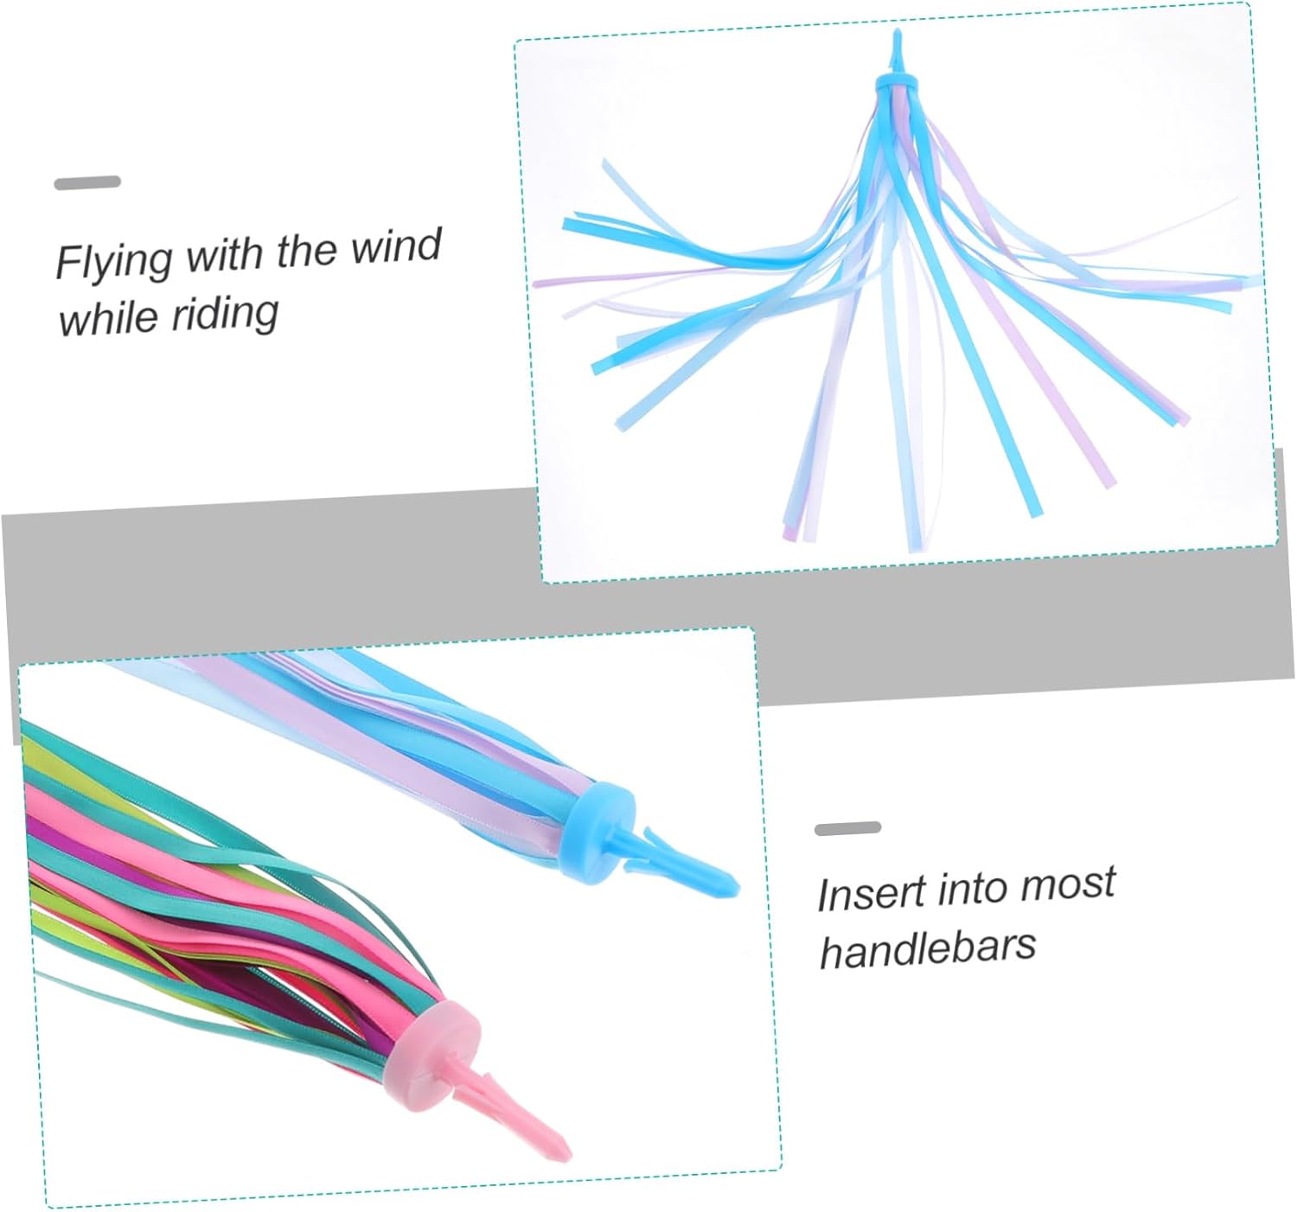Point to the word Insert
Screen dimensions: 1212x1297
[x=872, y=894]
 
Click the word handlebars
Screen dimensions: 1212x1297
[x=927, y=949]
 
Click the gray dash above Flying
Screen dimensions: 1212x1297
[x=87, y=182]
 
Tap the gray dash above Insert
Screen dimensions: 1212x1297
[x=847, y=828]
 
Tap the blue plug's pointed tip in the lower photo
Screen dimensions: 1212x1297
[x=732, y=885]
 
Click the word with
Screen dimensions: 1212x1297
[x=226, y=255]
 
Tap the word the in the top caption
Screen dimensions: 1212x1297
[x=308, y=251]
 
